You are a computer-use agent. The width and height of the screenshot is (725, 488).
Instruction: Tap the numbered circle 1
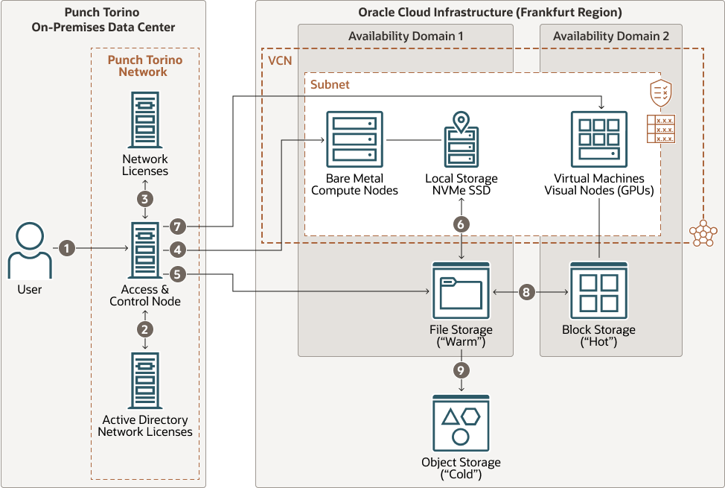click(x=67, y=248)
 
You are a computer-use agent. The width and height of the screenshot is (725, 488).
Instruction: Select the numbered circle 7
click(x=176, y=226)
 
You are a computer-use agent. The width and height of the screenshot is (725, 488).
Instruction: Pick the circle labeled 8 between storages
click(x=526, y=292)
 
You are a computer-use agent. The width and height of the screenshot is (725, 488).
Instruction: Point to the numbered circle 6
click(x=461, y=224)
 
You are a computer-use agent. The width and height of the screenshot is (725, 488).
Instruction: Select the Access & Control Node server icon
click(x=144, y=250)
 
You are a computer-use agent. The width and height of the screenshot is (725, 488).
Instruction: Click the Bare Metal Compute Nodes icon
click(x=354, y=139)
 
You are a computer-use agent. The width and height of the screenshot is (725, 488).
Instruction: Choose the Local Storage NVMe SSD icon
click(x=461, y=142)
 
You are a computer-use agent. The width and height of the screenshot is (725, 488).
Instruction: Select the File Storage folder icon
click(x=461, y=291)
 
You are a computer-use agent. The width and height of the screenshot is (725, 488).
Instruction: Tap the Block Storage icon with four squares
click(x=598, y=291)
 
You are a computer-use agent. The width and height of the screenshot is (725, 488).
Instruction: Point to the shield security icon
click(x=660, y=93)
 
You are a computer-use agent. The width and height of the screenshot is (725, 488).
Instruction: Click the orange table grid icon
click(x=661, y=129)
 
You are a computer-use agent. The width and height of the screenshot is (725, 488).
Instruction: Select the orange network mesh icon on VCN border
click(x=703, y=233)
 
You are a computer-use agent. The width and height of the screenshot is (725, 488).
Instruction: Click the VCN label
click(x=280, y=60)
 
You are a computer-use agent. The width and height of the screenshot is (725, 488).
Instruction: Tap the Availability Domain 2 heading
click(x=601, y=36)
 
